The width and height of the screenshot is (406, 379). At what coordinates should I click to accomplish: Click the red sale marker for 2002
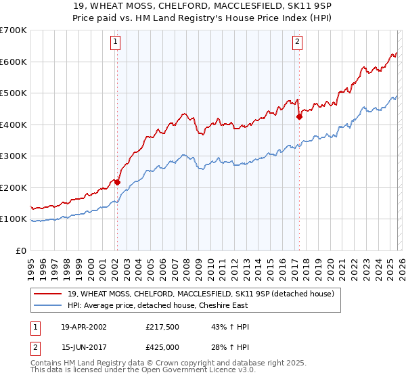point(117,182)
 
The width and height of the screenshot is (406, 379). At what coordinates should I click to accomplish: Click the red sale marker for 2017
point(298,116)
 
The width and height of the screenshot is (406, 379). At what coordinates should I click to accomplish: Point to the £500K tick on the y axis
point(14,93)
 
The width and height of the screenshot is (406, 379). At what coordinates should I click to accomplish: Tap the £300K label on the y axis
point(14,156)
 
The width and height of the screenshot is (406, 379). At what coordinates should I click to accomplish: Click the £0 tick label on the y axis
point(22,250)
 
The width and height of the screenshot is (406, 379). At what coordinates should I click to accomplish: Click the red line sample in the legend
point(49,294)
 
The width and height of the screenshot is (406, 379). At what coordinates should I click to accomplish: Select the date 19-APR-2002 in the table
point(83,327)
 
